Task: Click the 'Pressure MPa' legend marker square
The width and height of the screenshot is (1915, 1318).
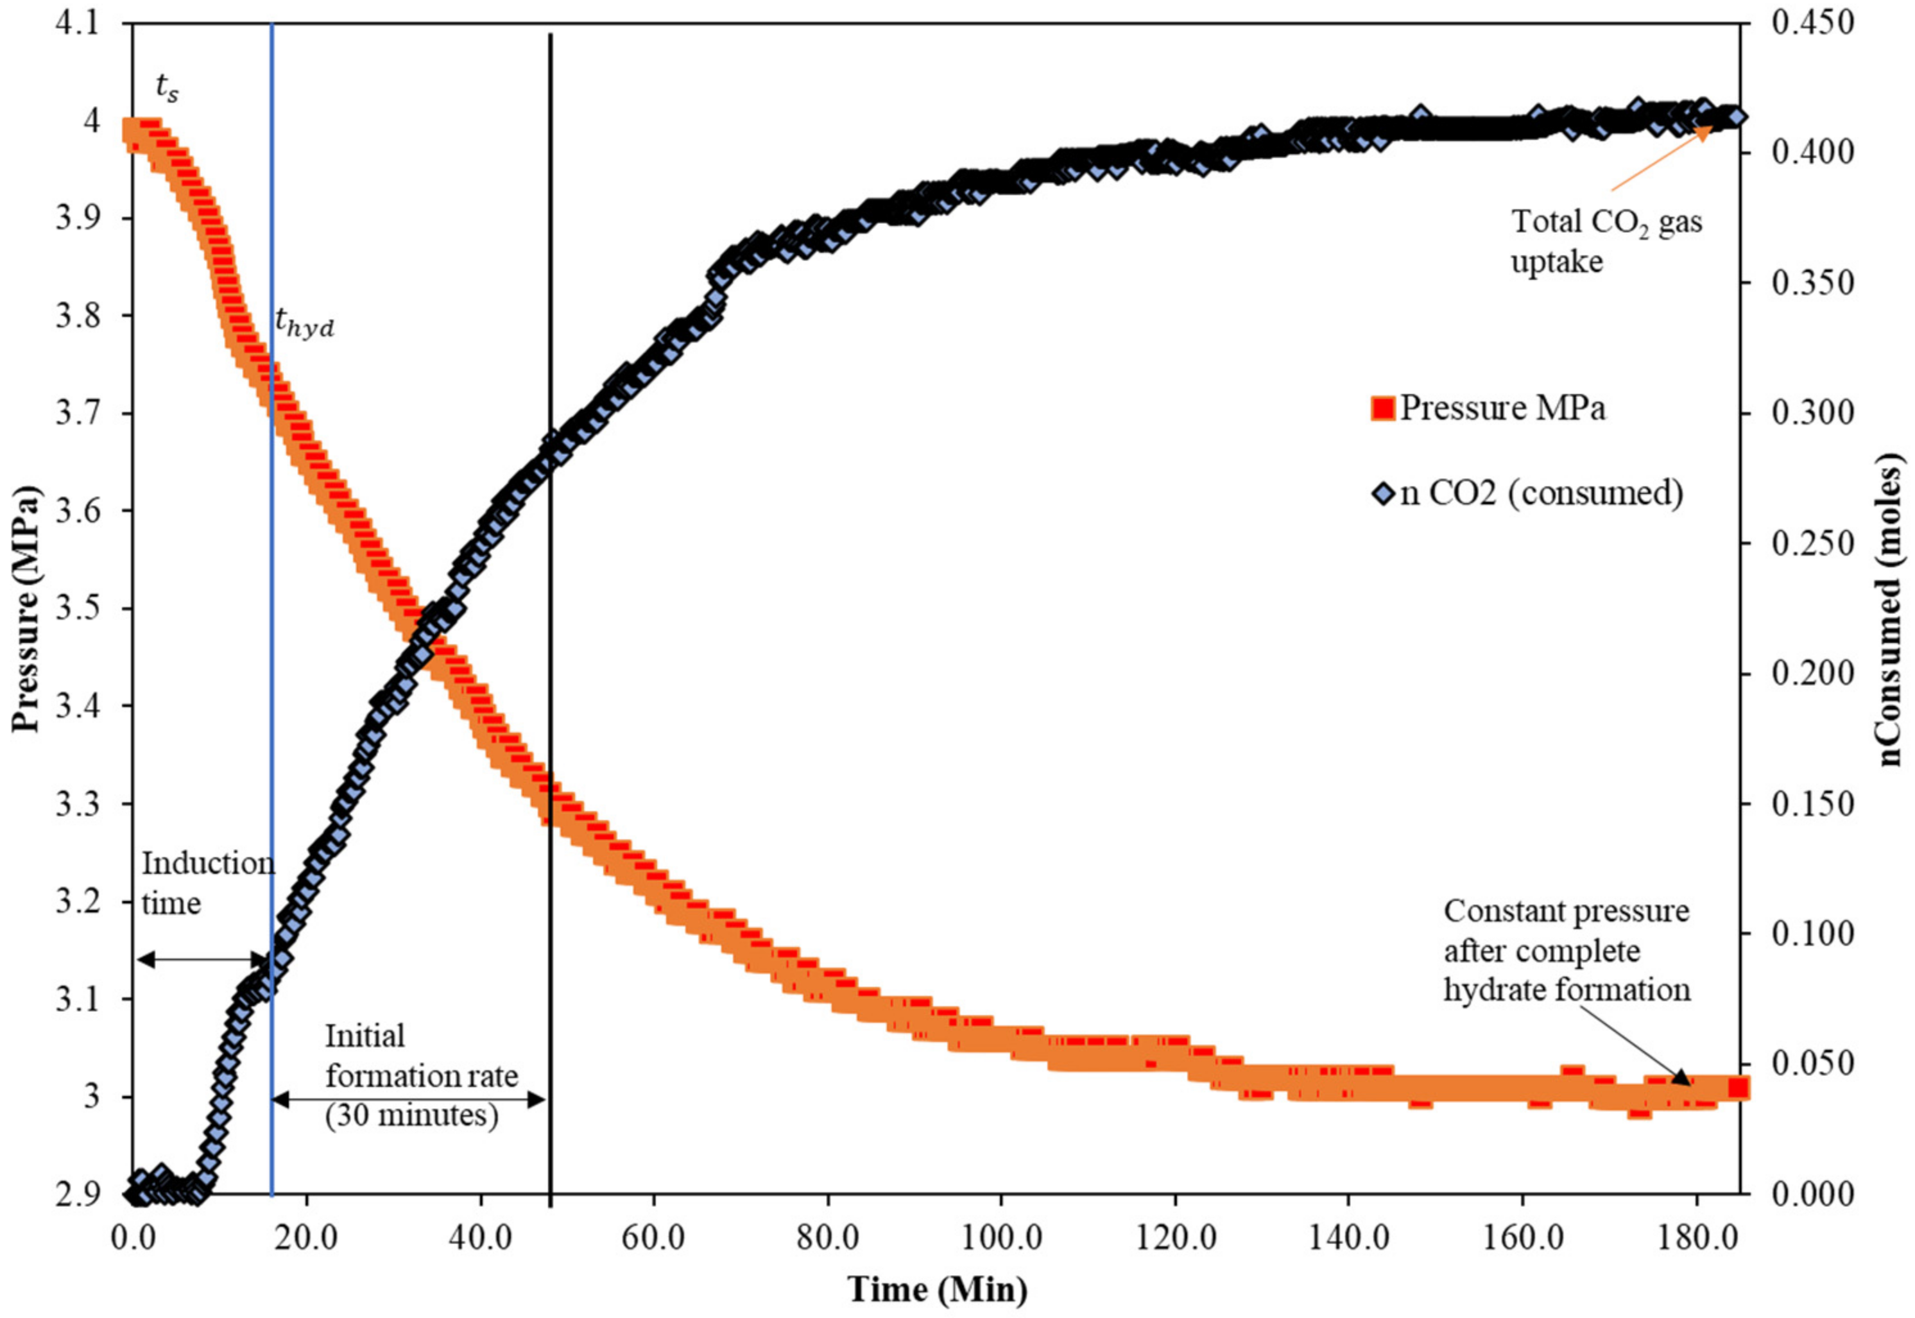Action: click(x=1382, y=408)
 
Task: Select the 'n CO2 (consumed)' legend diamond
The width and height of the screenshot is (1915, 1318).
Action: click(x=1383, y=494)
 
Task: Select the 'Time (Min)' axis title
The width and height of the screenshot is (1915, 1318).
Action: click(x=937, y=1289)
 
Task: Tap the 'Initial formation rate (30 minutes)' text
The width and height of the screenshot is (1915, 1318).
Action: click(x=420, y=1075)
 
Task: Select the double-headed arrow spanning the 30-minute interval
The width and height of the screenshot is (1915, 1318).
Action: click(x=409, y=1099)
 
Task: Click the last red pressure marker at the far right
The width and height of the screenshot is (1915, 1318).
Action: click(x=1739, y=1088)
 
